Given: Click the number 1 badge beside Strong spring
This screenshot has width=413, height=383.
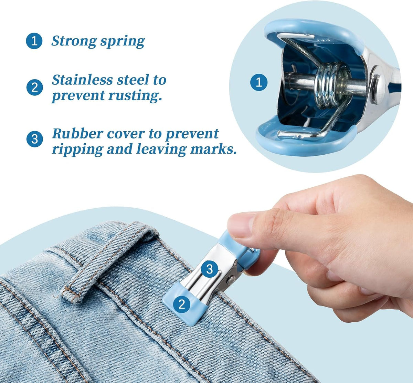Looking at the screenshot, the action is pyautogui.click(x=34, y=41).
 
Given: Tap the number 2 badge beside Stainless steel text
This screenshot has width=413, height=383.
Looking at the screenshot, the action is pyautogui.click(x=35, y=87).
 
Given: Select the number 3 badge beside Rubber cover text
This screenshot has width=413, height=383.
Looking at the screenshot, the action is pyautogui.click(x=35, y=139).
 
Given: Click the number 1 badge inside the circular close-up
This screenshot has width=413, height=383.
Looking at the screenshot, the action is pyautogui.click(x=259, y=82).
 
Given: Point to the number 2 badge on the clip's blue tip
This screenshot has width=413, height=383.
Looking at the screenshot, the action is pyautogui.click(x=181, y=304).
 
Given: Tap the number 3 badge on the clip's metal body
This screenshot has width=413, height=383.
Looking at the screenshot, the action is pyautogui.click(x=209, y=269).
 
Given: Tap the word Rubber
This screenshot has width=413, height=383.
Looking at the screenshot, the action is pyautogui.click(x=77, y=133).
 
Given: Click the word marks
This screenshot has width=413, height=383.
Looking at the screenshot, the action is pyautogui.click(x=213, y=149).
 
